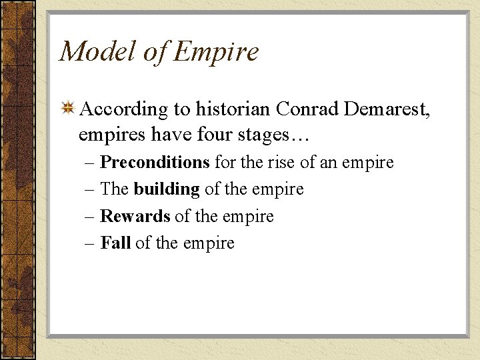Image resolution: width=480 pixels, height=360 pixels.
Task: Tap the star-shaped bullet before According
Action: tap(67, 108)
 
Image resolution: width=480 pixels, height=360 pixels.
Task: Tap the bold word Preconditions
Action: tap(155, 163)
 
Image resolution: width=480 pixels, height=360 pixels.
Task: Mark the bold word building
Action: tap(166, 190)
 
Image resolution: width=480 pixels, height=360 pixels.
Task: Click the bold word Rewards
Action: tap(135, 217)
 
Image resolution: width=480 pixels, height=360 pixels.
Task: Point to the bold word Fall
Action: tap(115, 243)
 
